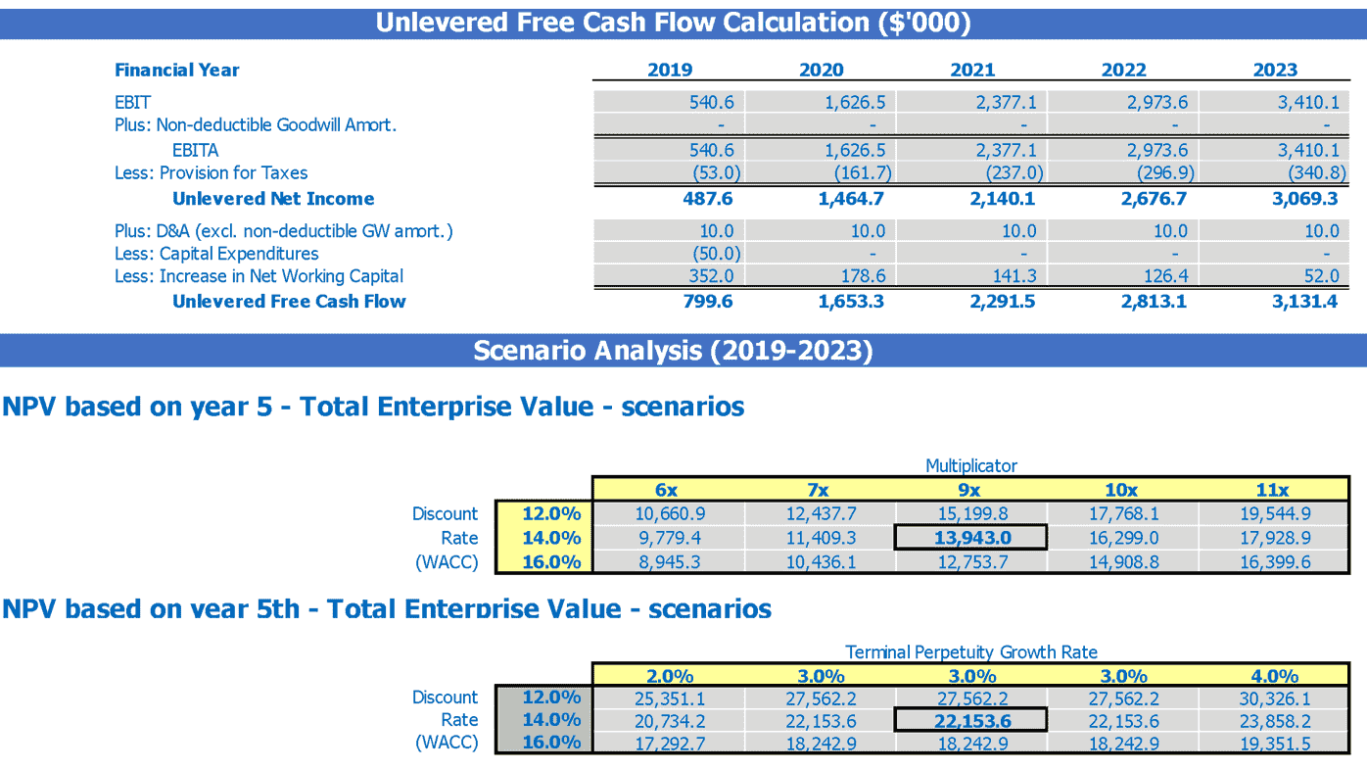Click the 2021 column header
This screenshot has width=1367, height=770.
(972, 70)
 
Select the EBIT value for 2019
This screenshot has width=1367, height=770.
(711, 102)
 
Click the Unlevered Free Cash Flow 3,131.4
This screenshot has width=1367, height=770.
(1304, 302)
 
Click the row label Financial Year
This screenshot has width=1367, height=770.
(177, 70)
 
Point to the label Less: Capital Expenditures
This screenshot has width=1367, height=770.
(216, 254)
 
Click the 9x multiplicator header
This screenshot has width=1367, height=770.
(971, 490)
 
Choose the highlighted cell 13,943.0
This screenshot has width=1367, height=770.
(971, 538)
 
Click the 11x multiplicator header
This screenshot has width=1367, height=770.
(1273, 490)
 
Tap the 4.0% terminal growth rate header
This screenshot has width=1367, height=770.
(1275, 676)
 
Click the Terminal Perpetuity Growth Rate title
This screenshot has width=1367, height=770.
(971, 651)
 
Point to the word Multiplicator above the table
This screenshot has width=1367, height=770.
(971, 466)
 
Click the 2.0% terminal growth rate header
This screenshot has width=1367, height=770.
(670, 676)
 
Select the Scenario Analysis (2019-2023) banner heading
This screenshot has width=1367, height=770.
(673, 351)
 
